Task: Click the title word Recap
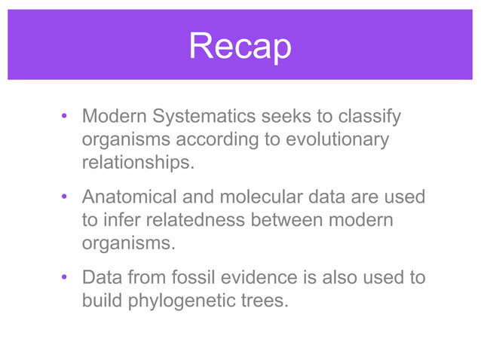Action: (x=240, y=46)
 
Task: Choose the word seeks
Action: (x=285, y=117)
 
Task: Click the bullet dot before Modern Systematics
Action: (x=66, y=118)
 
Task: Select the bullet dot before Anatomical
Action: (x=66, y=198)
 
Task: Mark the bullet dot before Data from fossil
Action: (x=66, y=279)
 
